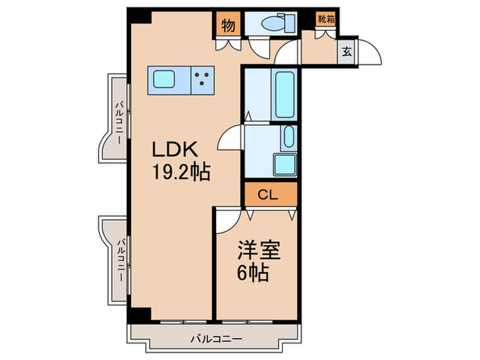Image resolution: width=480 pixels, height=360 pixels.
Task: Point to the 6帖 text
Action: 252,274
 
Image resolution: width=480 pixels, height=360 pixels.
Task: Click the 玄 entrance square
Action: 346,51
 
